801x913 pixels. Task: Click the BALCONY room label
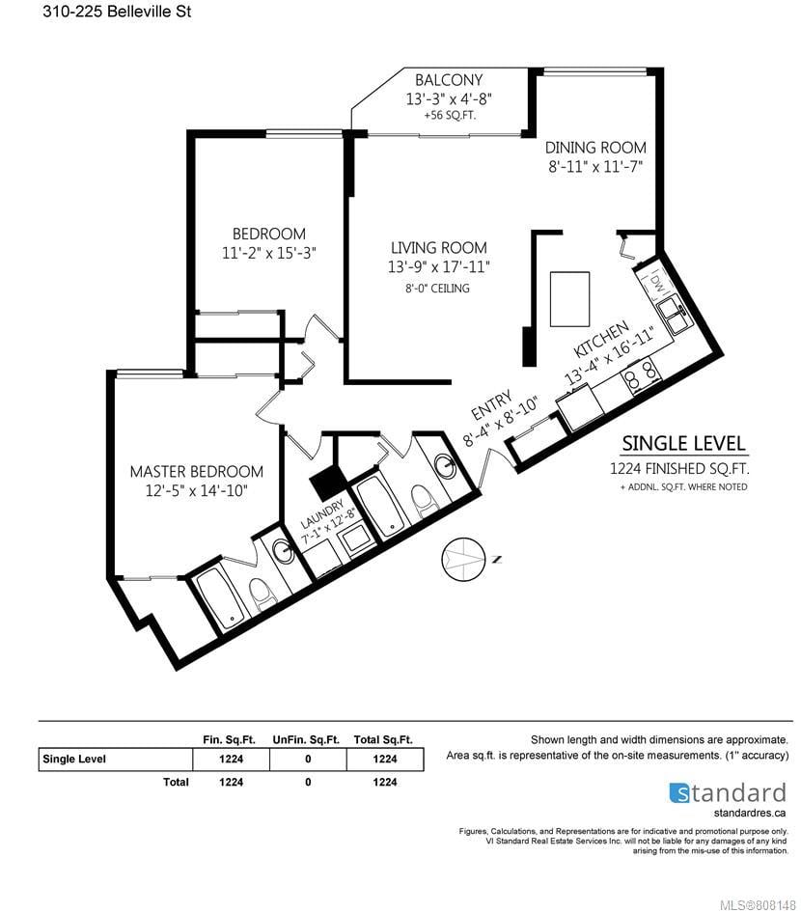[448, 80]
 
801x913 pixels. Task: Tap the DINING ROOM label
[595, 148]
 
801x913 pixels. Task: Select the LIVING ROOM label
[439, 247]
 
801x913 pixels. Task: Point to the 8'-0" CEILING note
[438, 288]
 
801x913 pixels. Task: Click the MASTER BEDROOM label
[197, 471]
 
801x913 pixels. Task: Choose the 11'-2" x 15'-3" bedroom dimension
[269, 253]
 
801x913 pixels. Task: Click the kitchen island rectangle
[570, 299]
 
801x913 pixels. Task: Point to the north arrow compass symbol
[463, 559]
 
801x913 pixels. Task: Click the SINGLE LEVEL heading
[684, 444]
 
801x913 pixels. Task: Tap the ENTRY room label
[492, 405]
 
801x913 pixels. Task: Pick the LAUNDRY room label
[322, 513]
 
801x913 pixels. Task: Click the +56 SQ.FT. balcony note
[450, 115]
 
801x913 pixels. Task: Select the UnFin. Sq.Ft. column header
[306, 740]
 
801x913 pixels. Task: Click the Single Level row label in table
[74, 759]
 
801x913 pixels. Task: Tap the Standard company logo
[728, 792]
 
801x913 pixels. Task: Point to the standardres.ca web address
[750, 813]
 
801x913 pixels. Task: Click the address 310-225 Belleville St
[117, 11]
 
